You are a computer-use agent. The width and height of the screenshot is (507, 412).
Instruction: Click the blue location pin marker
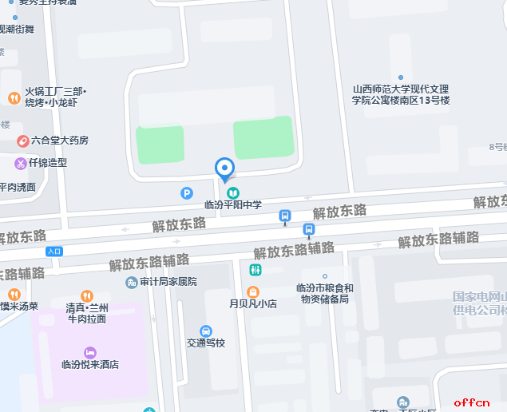point(225,168)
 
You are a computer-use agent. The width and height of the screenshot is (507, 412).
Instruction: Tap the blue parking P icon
point(187,192)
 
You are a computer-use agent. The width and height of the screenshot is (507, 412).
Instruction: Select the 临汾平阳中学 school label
point(233,205)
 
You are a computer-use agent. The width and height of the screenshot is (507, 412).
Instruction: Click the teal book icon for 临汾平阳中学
point(232,192)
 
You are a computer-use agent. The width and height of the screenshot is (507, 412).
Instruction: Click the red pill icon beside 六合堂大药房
point(24,141)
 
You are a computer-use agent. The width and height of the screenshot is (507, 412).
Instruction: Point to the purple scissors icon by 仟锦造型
point(20,163)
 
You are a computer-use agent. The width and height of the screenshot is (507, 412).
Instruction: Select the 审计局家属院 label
point(168,282)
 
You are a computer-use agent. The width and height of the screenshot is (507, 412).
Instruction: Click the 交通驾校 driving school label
point(206,343)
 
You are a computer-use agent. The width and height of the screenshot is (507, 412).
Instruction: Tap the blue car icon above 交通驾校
point(206,331)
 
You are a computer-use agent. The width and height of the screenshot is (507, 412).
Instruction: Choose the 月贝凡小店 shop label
point(253,304)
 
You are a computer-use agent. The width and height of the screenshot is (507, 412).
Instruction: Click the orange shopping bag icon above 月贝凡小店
point(253,291)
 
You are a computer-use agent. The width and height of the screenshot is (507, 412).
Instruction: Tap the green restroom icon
point(255,270)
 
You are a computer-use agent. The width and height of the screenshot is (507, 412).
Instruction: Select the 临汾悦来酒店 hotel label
point(90,365)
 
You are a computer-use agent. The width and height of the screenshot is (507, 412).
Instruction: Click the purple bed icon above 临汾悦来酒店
point(89,352)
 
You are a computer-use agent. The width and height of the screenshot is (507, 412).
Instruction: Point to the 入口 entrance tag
point(53,252)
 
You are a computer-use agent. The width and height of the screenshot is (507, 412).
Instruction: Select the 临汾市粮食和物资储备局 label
point(324,294)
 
